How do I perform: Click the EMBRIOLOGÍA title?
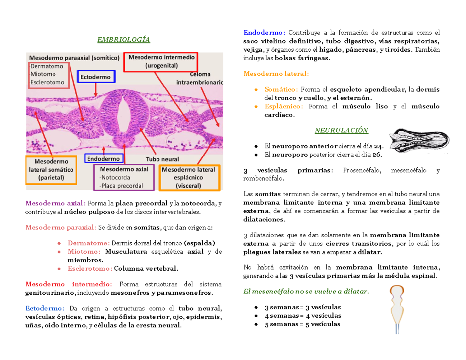(124, 40)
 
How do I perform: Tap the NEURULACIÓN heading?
(341, 130)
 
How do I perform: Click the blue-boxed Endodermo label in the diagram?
(104, 159)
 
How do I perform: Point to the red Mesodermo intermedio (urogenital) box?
(161, 62)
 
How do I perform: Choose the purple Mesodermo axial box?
(124, 177)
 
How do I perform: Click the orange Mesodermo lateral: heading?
(276, 73)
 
